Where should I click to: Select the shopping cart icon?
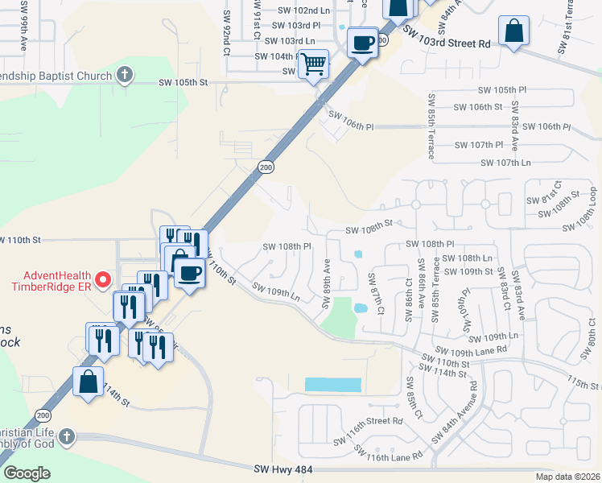313,63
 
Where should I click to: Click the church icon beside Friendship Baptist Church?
124,75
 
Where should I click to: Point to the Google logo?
27,473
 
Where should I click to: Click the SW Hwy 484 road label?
282,469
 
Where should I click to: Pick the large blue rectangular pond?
333,385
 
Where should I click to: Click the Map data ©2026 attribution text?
568,477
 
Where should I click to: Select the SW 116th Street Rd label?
368,421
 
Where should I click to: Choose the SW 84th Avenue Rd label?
460,421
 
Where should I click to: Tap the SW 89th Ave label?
327,283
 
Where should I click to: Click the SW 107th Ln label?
505,163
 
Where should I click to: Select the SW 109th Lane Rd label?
471,350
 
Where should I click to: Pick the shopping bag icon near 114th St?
88,382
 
